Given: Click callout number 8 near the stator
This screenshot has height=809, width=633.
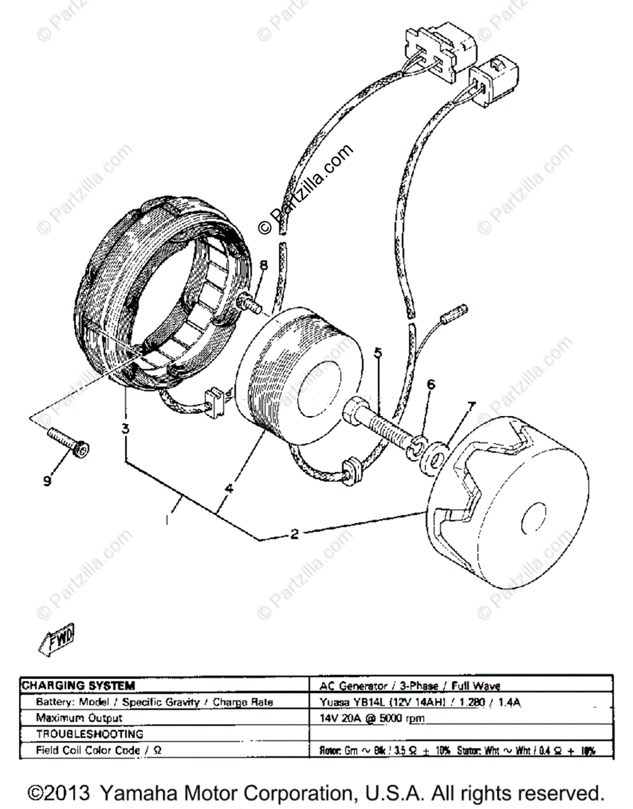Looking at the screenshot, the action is [263, 265].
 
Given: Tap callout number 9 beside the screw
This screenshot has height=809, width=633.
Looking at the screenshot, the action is [46, 481].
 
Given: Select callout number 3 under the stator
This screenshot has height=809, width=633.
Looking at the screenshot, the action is [125, 427].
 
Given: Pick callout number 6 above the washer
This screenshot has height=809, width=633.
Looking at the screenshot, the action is [431, 385].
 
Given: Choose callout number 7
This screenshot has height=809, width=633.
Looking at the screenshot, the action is [471, 407].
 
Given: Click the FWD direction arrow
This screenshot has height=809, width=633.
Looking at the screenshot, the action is [57, 638].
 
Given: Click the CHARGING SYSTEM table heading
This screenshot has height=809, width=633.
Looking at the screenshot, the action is [78, 686].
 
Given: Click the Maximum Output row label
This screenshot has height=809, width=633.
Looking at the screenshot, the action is [79, 718].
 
